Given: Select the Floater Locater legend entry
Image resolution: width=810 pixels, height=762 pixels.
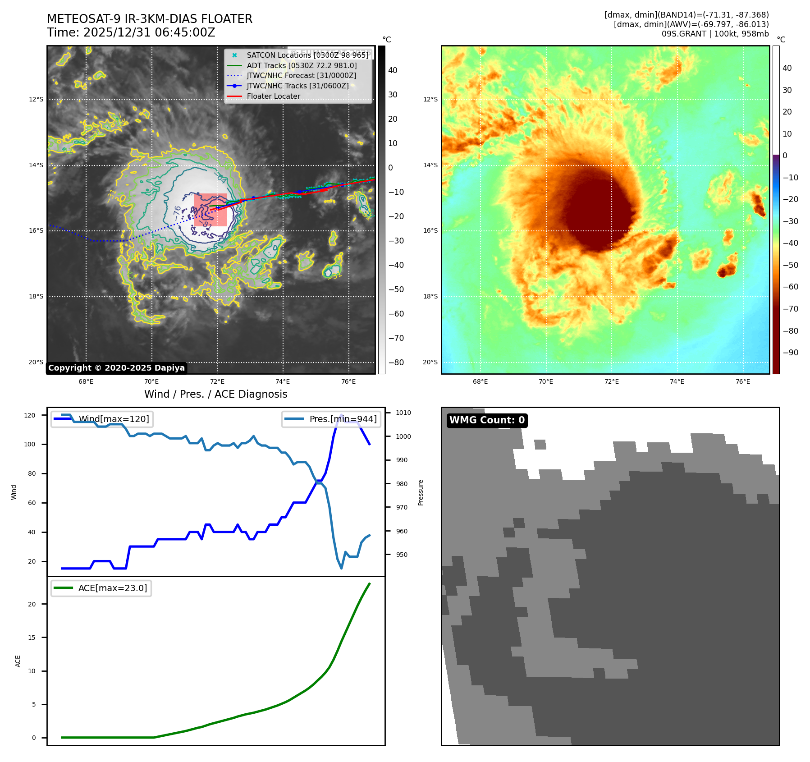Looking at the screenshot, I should point(273,96).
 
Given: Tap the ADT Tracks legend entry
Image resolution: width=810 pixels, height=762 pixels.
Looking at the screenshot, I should point(302,65).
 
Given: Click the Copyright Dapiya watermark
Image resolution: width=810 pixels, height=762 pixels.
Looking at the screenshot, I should point(116,368).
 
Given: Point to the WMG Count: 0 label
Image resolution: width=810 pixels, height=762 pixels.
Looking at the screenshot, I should point(487,420).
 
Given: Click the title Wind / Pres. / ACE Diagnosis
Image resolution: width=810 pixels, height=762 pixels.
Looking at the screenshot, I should point(215,394).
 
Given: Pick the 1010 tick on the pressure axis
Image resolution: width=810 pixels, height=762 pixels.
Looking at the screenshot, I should point(403,413).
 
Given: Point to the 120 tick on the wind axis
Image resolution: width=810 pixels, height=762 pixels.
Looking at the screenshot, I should point(30,415).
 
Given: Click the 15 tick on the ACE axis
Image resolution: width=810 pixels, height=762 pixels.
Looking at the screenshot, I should point(32,638).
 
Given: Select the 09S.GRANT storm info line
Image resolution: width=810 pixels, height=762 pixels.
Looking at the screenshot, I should point(715,34).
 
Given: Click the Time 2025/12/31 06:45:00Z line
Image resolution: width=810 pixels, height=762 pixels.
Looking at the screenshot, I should point(131,32).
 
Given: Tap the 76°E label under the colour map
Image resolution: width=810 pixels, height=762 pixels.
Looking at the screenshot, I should point(742,381).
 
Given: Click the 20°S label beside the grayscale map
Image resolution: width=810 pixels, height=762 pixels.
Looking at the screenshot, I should point(36,362).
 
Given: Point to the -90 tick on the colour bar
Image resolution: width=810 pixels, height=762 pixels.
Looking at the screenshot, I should point(790,353).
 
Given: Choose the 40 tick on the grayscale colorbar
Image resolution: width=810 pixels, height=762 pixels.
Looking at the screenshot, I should point(393,70).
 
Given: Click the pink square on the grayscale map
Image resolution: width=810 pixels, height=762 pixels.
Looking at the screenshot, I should point(211,210).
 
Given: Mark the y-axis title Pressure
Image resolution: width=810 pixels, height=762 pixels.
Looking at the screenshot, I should point(421,492).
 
